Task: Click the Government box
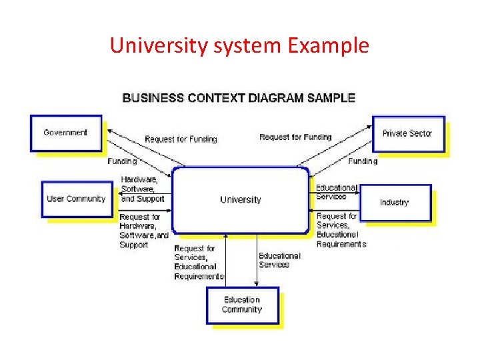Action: pos(66,133)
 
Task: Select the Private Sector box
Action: pos(407,133)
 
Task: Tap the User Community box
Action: pos(76,199)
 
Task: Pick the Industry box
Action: pos(395,202)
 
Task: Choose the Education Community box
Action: pos(242,305)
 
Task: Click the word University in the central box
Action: pos(241,199)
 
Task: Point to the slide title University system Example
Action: pos(239,45)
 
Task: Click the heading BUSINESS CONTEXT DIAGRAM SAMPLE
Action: pos(239,98)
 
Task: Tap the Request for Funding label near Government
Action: pos(181,139)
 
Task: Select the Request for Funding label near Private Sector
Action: pos(295,137)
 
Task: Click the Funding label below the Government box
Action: pos(122,161)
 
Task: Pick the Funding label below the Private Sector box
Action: pos(363,161)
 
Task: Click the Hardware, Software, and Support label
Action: pos(141,189)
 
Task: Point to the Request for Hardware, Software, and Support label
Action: pos(143,231)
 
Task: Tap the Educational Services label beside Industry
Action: pos(336,192)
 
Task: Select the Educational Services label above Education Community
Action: pos(279,260)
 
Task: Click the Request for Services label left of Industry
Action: pos(341,230)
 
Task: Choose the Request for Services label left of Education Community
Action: pos(199,262)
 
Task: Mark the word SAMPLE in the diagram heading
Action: pos(331,98)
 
